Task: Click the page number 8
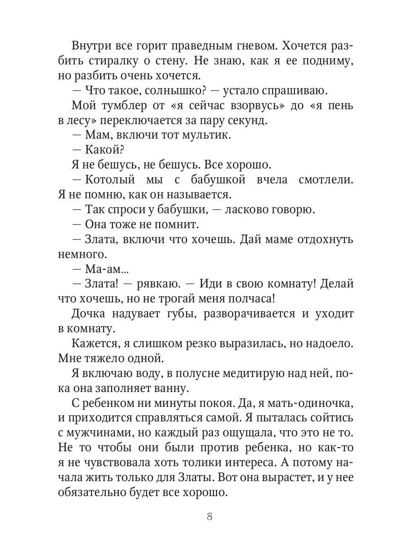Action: point(210,517)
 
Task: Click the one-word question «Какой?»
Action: point(105,150)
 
